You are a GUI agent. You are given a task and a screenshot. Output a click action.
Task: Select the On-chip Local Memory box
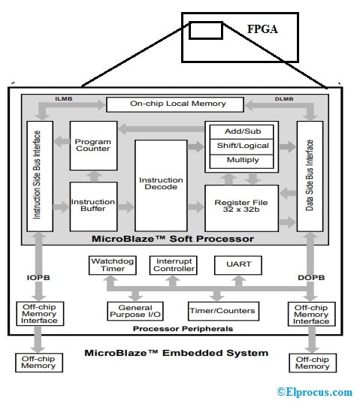[x=175, y=104]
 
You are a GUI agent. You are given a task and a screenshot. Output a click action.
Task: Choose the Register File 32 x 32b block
[x=241, y=207]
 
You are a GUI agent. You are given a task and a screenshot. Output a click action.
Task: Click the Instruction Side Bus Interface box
[x=38, y=176]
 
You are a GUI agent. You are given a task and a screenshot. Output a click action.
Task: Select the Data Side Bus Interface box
[x=310, y=176]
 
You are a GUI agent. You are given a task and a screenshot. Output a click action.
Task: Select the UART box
[x=238, y=264]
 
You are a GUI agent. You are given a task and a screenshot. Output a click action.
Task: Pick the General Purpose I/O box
[x=135, y=311]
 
